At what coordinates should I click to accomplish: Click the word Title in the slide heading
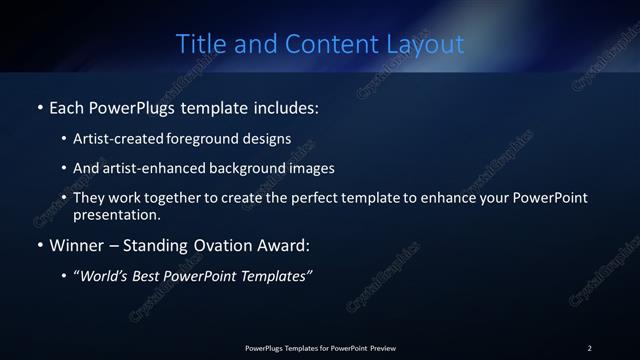(x=198, y=44)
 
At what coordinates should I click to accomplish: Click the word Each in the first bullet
(x=67, y=107)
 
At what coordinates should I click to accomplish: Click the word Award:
(x=286, y=245)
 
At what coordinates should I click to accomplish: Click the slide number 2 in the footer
(x=590, y=347)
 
